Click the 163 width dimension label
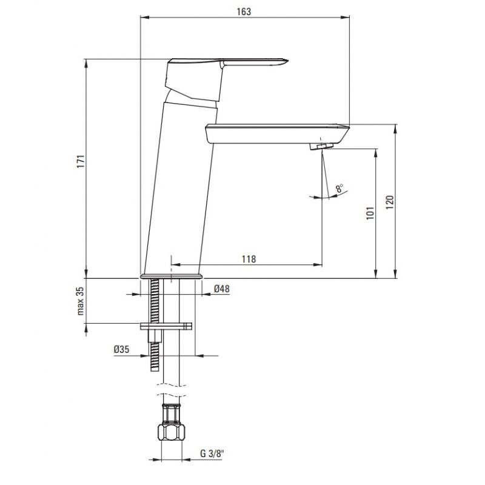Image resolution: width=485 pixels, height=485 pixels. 244,12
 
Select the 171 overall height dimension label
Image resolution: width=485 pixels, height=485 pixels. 81,161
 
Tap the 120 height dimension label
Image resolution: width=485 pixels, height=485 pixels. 390,202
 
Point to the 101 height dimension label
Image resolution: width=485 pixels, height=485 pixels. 370,213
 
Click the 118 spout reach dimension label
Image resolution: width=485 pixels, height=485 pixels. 249,259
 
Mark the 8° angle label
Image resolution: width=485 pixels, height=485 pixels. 339,188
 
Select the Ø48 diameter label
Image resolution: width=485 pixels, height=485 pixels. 222,289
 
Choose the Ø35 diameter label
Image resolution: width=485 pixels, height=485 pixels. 121,350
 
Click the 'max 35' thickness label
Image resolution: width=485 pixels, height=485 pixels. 81,301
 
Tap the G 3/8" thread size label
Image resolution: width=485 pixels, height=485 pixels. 212,453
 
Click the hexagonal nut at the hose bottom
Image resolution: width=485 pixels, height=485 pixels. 171,432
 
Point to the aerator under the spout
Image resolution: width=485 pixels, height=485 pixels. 321,146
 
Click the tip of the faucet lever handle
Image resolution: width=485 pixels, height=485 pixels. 287,61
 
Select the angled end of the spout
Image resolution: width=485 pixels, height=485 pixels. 344,133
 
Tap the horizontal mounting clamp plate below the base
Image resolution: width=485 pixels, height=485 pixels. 166,326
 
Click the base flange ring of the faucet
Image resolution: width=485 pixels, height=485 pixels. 171,276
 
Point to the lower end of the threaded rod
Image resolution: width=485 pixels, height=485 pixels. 155,370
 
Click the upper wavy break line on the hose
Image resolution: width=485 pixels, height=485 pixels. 171,385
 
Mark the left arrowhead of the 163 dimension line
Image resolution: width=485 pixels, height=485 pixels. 145,18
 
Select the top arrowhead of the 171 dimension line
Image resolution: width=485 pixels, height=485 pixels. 86,63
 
